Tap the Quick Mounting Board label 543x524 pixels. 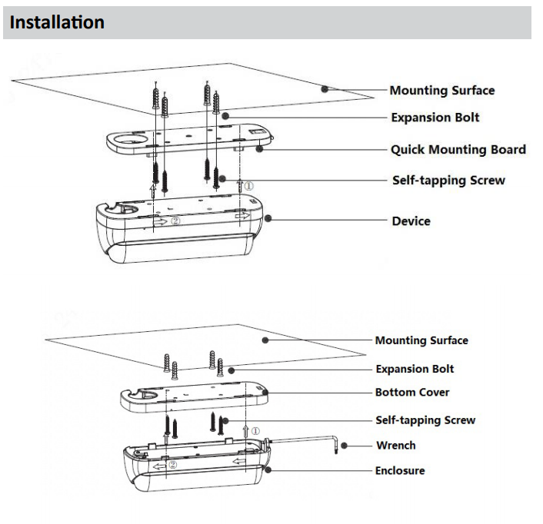[x=458, y=149]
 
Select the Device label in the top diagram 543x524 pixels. [x=411, y=221]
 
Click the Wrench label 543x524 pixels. [x=395, y=445]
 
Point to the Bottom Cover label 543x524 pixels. [x=411, y=392]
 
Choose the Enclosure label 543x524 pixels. [x=399, y=470]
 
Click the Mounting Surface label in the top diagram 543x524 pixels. [x=441, y=90]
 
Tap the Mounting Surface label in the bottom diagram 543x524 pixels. [x=421, y=340]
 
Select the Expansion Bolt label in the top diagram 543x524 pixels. [x=435, y=118]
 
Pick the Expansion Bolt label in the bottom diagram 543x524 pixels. [x=414, y=368]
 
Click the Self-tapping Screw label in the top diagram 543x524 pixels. [x=448, y=181]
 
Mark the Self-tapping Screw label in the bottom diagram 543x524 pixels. [x=425, y=420]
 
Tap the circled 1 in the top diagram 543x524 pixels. [x=249, y=185]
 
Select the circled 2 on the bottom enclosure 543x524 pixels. [x=172, y=465]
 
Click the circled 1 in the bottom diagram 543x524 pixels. [x=255, y=432]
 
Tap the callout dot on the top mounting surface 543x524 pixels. [x=325, y=88]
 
